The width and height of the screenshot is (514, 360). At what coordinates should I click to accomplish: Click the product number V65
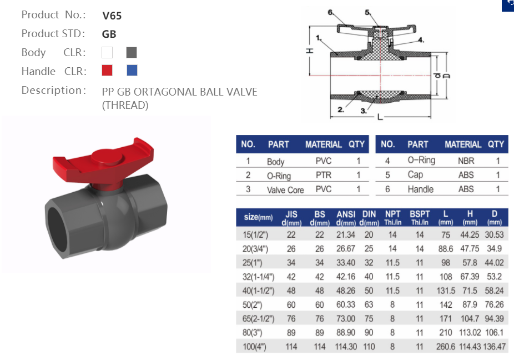coord(112,16)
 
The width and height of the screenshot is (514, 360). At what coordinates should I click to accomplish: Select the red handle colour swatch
coord(107,71)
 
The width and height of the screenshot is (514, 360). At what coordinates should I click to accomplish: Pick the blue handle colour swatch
coord(132,71)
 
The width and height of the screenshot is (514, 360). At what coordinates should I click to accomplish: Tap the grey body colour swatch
coord(132,53)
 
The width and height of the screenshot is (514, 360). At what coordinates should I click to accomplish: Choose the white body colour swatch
coord(107,53)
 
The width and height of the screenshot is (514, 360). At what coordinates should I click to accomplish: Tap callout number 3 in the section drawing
coord(364,111)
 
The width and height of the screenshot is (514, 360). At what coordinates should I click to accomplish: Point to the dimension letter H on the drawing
coord(310,51)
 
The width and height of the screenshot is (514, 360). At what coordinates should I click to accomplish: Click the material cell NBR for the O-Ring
coord(466,161)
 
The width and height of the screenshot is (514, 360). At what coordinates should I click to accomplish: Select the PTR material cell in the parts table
coord(323,175)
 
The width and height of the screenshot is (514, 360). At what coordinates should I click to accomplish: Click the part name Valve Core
coord(285,189)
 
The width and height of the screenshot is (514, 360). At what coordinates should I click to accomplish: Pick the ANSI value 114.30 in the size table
coord(346,347)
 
